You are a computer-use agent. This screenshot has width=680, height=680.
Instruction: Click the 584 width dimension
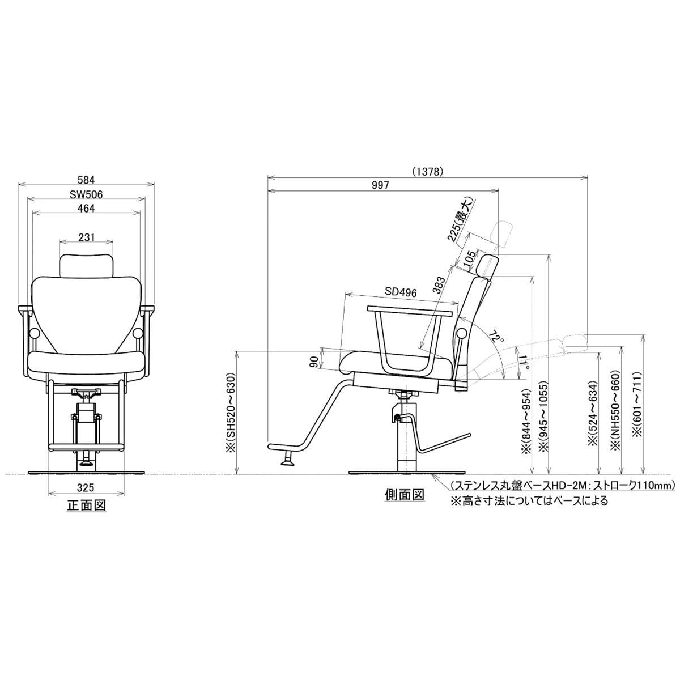[x=87, y=180]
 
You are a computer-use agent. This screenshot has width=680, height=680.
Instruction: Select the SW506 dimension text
[x=86, y=194]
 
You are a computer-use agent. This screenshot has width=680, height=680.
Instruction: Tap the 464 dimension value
[x=87, y=209]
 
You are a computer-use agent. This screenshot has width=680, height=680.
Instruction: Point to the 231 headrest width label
[x=87, y=237]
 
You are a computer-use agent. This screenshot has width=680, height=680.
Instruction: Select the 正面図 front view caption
[x=86, y=505]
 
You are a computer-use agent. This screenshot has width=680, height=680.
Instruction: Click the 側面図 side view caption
[x=404, y=495]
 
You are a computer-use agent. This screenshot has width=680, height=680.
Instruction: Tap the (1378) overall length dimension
[x=427, y=172]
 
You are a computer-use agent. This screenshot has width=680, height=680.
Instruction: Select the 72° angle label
[x=496, y=339]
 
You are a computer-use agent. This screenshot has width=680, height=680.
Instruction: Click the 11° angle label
[x=524, y=363]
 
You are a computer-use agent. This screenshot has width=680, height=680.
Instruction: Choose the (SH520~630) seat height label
[x=231, y=409]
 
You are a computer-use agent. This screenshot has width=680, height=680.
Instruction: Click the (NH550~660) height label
[x=615, y=410]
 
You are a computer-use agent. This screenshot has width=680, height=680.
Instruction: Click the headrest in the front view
[x=87, y=265]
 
